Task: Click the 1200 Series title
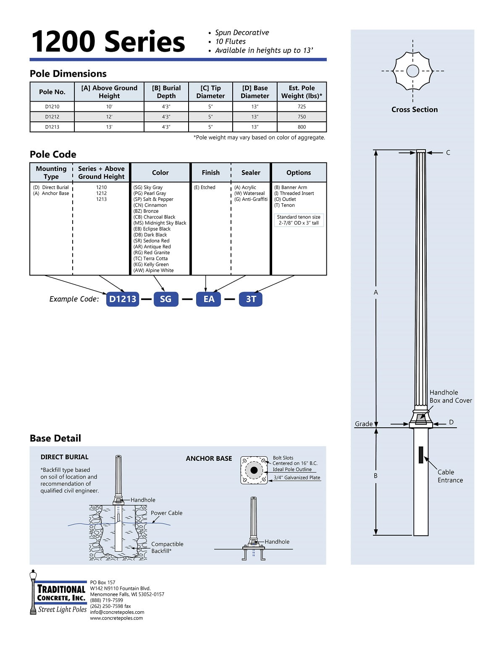108,42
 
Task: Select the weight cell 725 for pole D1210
302,107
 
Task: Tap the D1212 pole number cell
52,117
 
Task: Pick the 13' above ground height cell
109,127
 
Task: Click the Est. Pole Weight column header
302,92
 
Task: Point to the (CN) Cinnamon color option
150,205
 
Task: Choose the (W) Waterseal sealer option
249,194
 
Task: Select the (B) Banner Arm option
291,187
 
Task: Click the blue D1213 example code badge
123,299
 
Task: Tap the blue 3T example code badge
251,299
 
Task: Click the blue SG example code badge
165,299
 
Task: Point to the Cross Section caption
415,110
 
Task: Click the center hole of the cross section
413,71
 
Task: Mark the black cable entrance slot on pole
421,455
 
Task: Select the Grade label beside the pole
364,424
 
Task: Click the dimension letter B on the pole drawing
376,476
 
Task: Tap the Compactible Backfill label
167,547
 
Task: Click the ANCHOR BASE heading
209,459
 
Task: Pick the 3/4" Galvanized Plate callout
297,478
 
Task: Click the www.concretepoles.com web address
116,618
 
